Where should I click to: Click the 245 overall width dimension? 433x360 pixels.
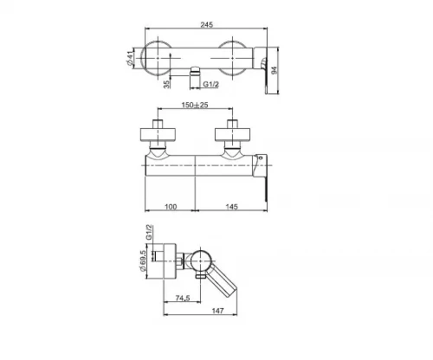tap(207, 24)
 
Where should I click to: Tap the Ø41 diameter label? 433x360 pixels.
tap(130, 57)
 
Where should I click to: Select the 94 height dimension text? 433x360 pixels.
tap(275, 70)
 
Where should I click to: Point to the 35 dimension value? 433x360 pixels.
tap(166, 84)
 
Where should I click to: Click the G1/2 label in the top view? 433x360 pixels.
tap(211, 84)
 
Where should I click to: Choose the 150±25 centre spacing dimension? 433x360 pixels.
tap(195, 105)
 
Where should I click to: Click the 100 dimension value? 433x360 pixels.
tap(171, 207)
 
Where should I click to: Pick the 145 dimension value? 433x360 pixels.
tap(232, 207)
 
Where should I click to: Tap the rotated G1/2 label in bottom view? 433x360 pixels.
tap(149, 232)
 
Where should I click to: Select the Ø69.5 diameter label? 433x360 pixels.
tap(143, 260)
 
